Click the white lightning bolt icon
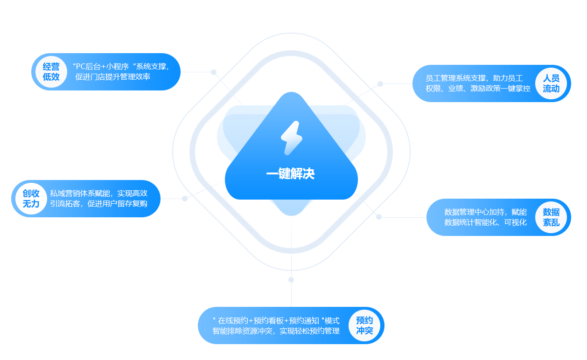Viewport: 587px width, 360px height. pyautogui.click(x=291, y=138)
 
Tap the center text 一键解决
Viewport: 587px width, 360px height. pyautogui.click(x=291, y=174)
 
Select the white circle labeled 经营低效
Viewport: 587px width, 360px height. pyautogui.click(x=51, y=72)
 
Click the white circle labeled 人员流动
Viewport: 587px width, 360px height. pyautogui.click(x=551, y=83)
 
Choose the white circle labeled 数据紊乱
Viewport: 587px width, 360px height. pyautogui.click(x=551, y=217)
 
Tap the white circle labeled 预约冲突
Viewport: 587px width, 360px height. pyautogui.click(x=364, y=325)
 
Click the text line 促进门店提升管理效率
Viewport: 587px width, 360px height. pyautogui.click(x=113, y=77)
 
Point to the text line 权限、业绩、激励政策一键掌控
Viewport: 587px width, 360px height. pyautogui.click(x=478, y=88)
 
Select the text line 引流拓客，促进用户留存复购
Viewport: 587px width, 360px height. pyautogui.click(x=98, y=203)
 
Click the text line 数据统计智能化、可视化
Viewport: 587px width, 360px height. pyautogui.click(x=485, y=222)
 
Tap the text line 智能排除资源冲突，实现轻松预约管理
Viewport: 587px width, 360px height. pyautogui.click(x=276, y=331)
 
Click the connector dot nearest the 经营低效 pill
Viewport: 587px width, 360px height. pyautogui.click(x=214, y=72)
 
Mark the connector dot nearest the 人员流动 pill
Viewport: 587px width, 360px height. pyautogui.click(x=380, y=84)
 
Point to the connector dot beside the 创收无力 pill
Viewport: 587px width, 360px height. pyautogui.click(x=185, y=199)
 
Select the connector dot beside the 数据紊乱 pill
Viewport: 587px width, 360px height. pyautogui.click(x=379, y=217)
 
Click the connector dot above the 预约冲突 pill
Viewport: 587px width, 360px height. pyautogui.click(x=291, y=280)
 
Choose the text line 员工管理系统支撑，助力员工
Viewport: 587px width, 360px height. pyautogui.click(x=474, y=78)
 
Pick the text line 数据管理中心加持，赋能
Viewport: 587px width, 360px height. pyautogui.click(x=485, y=212)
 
